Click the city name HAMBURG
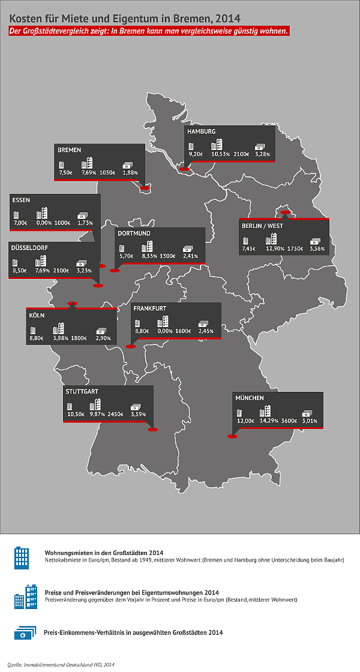click(202, 131)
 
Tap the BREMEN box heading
click(70, 149)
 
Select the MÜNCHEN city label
click(250, 398)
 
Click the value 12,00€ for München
click(245, 421)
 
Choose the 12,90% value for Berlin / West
click(275, 248)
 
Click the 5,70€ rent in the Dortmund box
click(126, 256)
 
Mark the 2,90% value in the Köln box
click(103, 338)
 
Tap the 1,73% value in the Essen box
click(85, 223)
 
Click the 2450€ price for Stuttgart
click(115, 415)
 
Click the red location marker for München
click(232, 437)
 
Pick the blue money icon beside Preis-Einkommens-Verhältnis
click(24, 633)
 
